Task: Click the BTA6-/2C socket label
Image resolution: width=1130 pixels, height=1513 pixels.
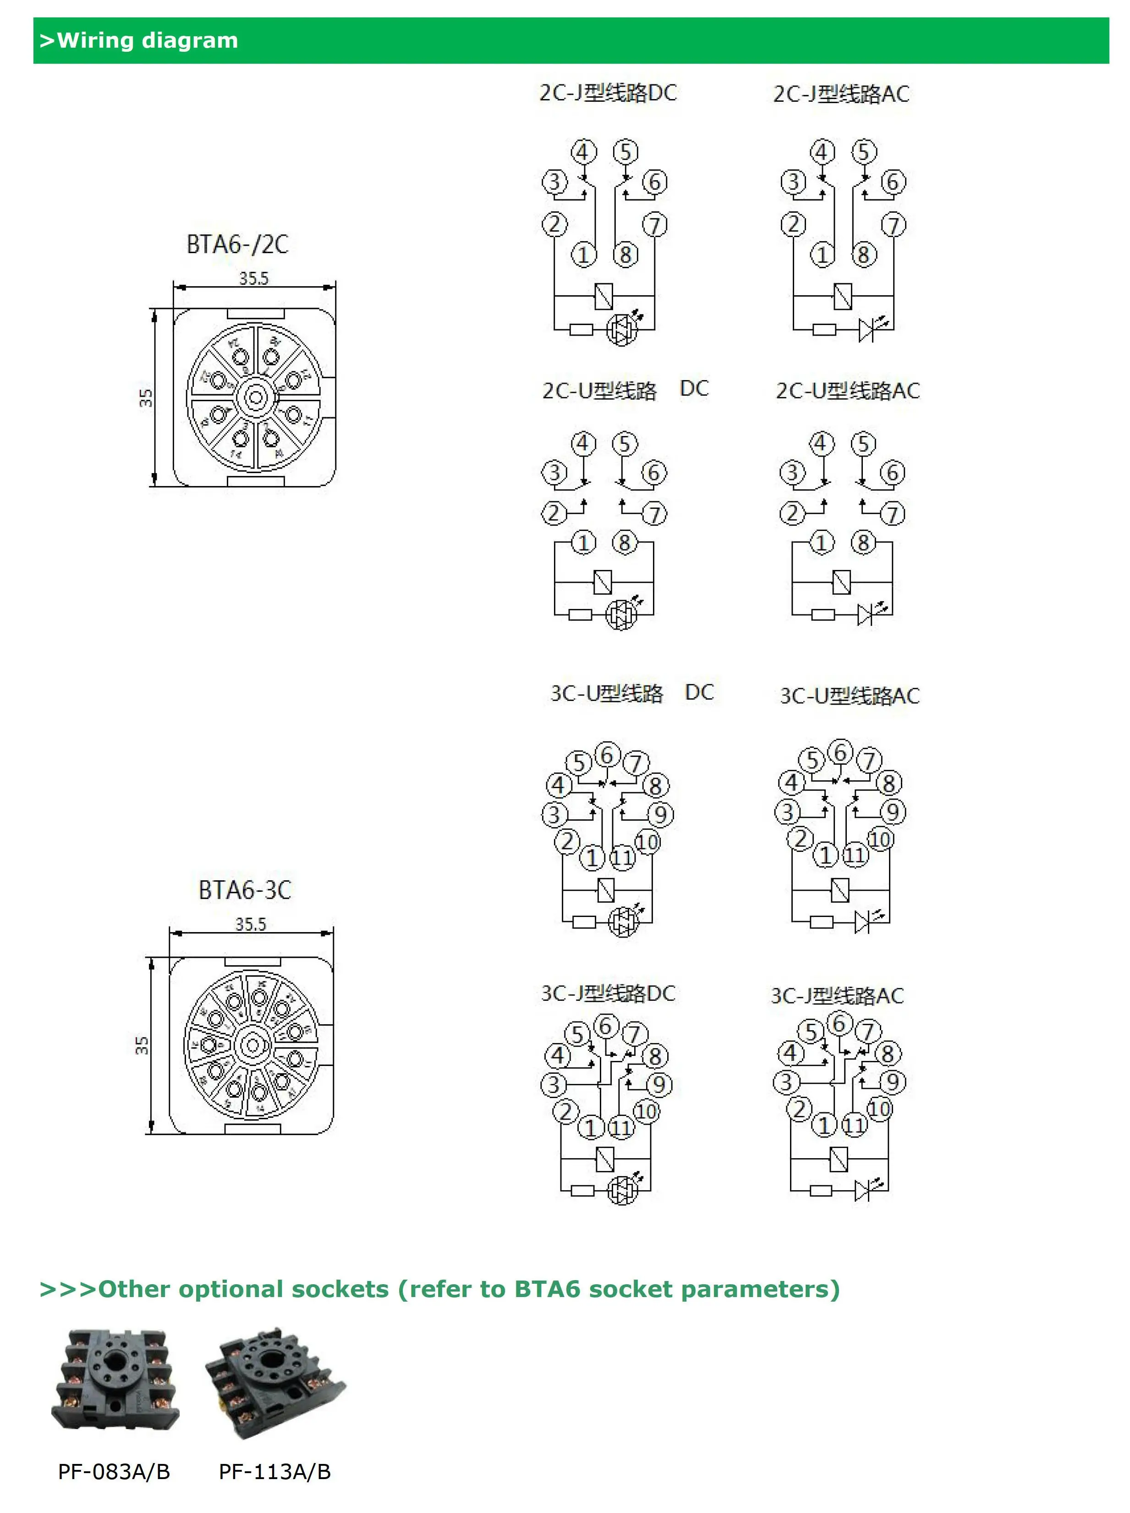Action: point(237,244)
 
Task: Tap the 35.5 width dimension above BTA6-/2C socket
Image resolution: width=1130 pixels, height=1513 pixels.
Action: point(253,278)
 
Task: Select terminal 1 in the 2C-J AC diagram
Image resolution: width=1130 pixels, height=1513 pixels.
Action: point(822,255)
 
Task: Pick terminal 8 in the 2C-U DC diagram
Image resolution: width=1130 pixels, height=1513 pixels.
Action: point(624,542)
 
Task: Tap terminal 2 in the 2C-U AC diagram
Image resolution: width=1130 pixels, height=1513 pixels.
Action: point(792,513)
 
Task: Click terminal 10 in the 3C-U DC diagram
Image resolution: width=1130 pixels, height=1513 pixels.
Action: point(647,841)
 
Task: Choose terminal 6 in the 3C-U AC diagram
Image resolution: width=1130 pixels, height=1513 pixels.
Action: point(840,752)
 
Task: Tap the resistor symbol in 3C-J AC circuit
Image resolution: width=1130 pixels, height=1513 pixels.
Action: point(820,1191)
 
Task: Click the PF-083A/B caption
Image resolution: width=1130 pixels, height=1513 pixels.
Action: point(114,1471)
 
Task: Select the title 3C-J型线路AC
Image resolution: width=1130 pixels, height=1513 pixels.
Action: point(837,996)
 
